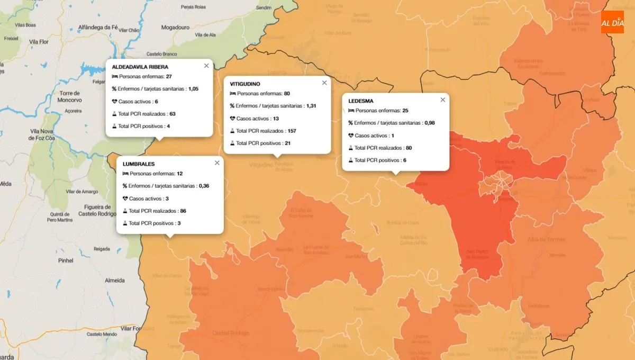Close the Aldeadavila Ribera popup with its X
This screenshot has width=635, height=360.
coord(206,66)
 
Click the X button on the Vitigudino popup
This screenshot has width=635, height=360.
coord(324,83)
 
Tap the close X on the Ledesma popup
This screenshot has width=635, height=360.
coord(443,100)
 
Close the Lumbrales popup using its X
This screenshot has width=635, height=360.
coord(217,163)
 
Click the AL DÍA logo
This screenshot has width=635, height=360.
coord(612,22)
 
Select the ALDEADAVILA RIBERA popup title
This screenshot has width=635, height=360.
coord(140,67)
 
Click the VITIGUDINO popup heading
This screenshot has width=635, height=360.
coord(245,84)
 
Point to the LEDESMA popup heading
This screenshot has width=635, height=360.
coord(361,101)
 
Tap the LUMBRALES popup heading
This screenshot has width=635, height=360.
coord(139,164)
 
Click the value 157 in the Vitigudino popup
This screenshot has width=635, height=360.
coord(293,131)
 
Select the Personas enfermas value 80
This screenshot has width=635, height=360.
coord(287,94)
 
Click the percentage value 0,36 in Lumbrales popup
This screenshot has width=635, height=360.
coord(204,186)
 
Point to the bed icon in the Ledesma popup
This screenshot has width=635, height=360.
coord(351,111)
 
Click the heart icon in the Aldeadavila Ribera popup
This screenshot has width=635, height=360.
coord(114,101)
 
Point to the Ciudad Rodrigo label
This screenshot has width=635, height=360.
coord(230,332)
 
